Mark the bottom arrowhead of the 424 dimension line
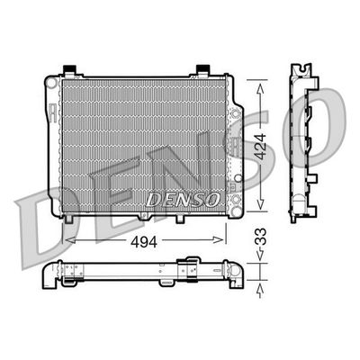coord(261,201)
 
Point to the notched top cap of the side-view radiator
coord(300,69)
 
